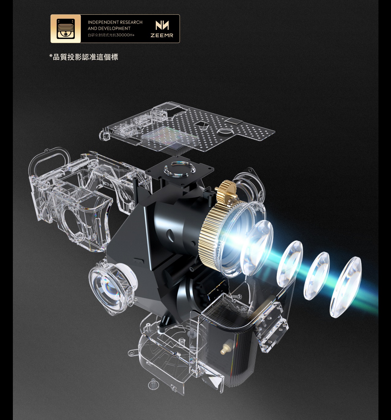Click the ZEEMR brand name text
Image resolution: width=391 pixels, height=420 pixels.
(162, 35)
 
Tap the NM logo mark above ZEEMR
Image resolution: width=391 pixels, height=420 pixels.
(162, 25)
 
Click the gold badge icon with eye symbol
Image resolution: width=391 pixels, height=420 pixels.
(66, 29)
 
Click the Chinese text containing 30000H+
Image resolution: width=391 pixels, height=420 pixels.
(111, 35)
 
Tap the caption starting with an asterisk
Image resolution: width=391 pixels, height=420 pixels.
(84, 57)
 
